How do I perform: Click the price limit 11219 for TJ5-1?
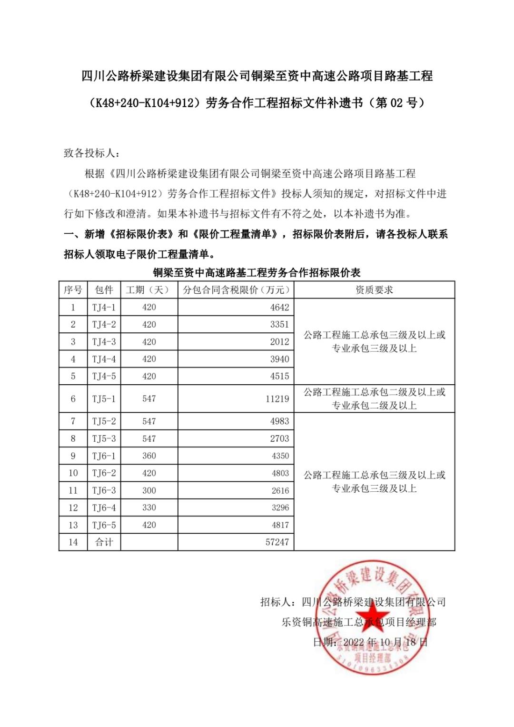point(277,399)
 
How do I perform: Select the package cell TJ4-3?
point(104,342)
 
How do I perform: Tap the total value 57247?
point(277,542)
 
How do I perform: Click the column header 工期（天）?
point(148,290)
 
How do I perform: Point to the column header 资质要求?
point(374,290)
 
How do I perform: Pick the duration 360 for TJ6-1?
point(149,456)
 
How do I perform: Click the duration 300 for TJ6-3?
point(149,490)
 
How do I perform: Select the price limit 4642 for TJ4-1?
point(279,307)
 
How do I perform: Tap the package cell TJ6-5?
point(104,525)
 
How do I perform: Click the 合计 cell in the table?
point(104,542)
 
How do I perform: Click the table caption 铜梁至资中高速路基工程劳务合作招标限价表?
point(257,273)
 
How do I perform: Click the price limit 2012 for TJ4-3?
point(279,342)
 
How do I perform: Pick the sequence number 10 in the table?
point(73,473)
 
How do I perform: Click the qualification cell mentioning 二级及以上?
point(374,398)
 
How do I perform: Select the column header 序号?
point(73,290)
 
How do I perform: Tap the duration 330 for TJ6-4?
point(149,508)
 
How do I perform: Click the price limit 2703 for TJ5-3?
point(279,438)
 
